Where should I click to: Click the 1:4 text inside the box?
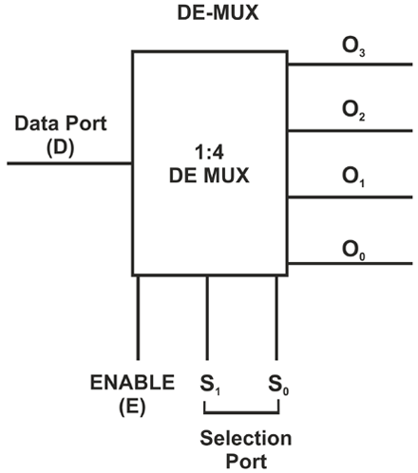[210, 151]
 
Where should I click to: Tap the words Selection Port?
[241, 449]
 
